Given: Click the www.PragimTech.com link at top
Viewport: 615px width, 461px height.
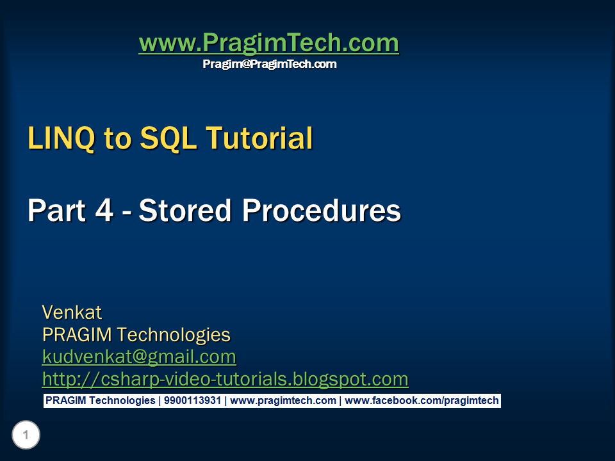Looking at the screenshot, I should tap(268, 44).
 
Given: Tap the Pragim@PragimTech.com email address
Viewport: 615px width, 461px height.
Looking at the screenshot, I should tap(269, 64).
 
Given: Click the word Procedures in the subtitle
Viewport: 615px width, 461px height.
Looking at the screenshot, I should tap(320, 211).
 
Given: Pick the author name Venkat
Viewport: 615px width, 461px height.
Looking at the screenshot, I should tap(72, 312).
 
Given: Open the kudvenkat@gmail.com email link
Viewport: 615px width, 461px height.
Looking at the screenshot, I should tap(139, 357).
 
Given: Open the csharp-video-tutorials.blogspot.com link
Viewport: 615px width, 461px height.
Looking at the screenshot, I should tap(225, 379).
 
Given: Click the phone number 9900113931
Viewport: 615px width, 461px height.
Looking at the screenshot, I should tap(192, 401).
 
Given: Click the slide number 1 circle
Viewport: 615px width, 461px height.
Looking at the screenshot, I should tap(26, 436).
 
